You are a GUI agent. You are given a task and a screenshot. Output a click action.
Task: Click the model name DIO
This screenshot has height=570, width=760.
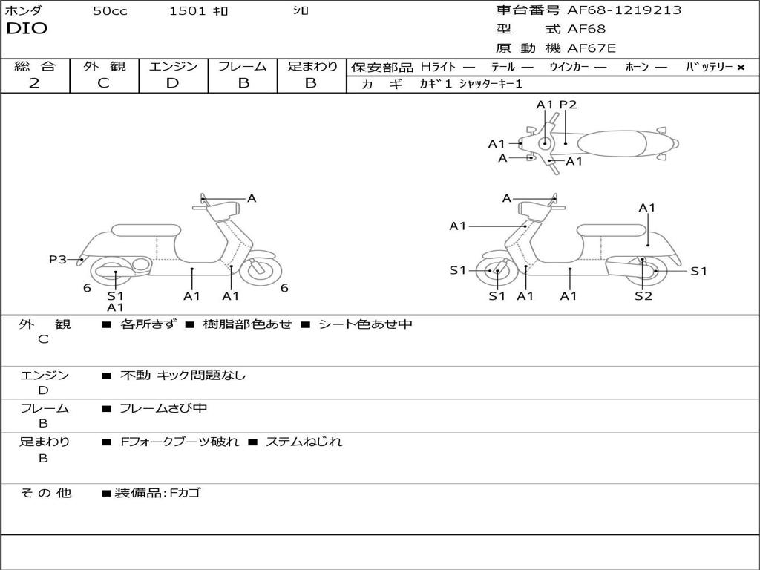tap(27, 29)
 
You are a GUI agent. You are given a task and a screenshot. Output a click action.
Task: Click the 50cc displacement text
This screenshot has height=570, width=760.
tap(110, 11)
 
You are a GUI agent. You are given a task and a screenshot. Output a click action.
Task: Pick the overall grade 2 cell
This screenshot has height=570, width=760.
tap(34, 83)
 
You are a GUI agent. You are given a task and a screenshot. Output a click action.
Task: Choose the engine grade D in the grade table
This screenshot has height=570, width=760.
tap(173, 83)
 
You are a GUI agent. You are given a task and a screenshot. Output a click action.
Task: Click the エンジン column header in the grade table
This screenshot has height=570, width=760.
tap(173, 67)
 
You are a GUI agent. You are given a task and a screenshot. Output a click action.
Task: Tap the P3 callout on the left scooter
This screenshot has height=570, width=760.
tap(58, 259)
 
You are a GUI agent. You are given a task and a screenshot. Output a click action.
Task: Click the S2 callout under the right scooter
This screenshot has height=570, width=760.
tap(643, 296)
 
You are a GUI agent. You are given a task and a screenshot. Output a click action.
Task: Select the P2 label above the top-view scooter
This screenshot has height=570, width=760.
tap(568, 105)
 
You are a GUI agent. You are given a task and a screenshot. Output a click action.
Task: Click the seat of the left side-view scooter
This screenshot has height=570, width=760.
tap(145, 230)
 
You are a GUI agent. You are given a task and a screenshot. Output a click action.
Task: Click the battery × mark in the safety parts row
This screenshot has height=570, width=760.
tap(740, 67)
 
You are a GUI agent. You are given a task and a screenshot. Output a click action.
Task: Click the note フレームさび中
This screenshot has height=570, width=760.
tap(163, 408)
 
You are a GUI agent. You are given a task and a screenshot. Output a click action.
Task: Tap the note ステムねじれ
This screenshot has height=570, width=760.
tap(304, 442)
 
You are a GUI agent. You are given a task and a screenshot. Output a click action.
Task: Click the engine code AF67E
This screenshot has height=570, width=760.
tap(592, 48)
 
